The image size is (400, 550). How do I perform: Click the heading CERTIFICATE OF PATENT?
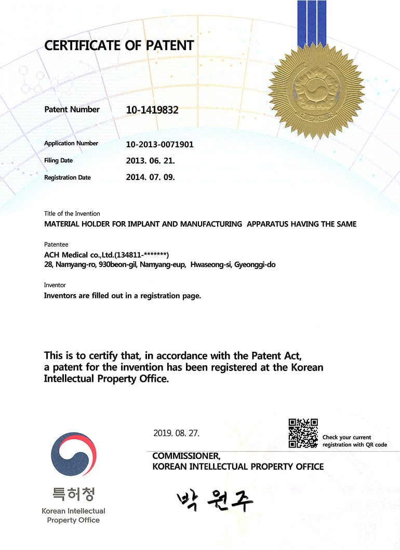(x=119, y=45)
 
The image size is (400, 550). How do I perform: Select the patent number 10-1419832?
(x=152, y=110)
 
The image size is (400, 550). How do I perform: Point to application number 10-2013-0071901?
(x=159, y=144)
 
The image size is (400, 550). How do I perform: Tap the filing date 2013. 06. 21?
(x=150, y=161)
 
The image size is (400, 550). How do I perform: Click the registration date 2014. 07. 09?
(x=150, y=177)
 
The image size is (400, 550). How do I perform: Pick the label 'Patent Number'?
(x=72, y=109)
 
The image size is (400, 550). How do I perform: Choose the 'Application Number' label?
(x=71, y=143)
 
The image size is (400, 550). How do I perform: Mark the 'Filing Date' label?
(x=58, y=160)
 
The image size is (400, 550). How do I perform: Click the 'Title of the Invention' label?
(x=72, y=213)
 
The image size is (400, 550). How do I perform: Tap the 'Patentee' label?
(x=56, y=244)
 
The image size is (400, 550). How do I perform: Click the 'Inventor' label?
(x=55, y=285)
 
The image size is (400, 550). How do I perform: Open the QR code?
(x=303, y=433)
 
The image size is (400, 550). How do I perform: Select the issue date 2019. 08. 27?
(x=176, y=433)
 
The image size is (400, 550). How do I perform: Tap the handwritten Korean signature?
(x=215, y=501)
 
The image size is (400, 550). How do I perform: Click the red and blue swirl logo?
(x=73, y=454)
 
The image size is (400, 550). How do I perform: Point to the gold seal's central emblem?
(x=316, y=85)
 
